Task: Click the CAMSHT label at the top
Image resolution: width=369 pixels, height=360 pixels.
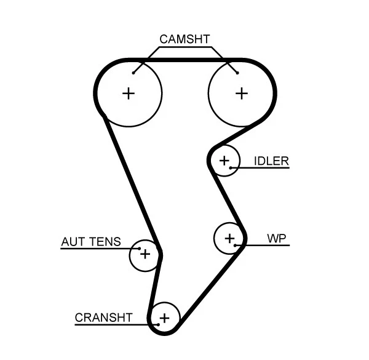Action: tap(184, 39)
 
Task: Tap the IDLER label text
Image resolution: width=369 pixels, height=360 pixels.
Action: tap(271, 161)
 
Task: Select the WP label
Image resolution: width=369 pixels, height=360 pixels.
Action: tap(277, 238)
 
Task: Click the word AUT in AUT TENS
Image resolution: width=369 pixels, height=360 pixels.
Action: tap(73, 242)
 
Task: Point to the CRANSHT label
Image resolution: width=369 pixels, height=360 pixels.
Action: tap(103, 318)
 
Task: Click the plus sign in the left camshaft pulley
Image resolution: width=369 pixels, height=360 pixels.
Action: tap(128, 94)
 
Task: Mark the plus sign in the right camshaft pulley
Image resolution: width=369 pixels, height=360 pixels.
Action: tap(242, 93)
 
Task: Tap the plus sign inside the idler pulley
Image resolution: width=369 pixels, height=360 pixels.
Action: tap(224, 161)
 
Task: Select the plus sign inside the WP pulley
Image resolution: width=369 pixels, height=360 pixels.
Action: tap(229, 238)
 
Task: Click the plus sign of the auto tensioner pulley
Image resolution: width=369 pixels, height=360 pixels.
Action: tap(145, 254)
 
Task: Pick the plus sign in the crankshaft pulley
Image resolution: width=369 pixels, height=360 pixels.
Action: tap(164, 318)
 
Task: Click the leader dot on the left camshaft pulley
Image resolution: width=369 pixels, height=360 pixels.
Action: tap(133, 73)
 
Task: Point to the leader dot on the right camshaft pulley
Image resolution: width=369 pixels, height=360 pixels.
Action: tap(237, 73)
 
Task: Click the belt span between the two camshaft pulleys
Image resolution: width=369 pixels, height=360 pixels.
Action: tap(184, 60)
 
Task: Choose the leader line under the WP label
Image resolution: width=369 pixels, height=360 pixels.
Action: tap(268, 246)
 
